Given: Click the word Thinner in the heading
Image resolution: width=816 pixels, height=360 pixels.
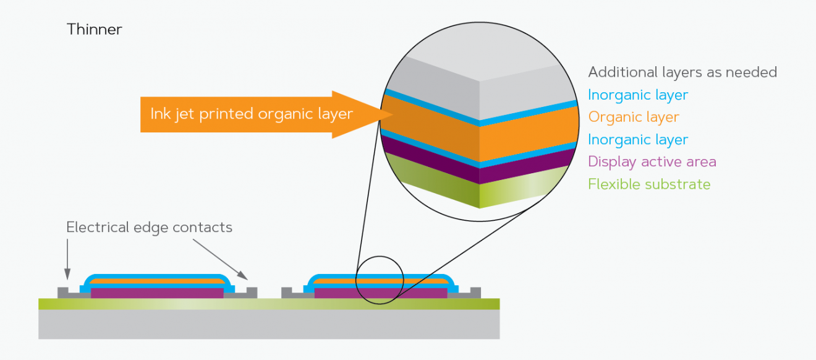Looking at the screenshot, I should click(95, 29).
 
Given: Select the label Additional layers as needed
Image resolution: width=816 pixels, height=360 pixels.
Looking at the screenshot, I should click(682, 72).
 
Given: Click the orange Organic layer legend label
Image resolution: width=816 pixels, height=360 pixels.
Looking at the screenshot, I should click(634, 117).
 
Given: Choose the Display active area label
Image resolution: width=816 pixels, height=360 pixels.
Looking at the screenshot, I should click(652, 161).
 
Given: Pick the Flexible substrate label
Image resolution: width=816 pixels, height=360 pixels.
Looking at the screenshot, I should click(649, 184).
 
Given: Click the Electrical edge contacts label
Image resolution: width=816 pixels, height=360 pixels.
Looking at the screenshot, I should click(149, 228).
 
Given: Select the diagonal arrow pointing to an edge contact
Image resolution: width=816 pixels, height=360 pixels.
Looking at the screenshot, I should click(219, 259).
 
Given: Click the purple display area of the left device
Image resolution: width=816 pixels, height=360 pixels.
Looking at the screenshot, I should click(157, 293).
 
